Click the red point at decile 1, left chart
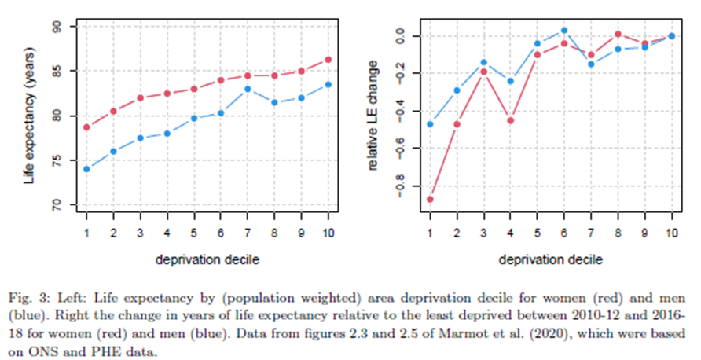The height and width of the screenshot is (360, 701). pyautogui.click(x=86, y=127)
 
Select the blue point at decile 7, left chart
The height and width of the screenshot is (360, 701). pyautogui.click(x=247, y=89)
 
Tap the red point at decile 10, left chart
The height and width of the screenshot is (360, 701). pyautogui.click(x=328, y=59)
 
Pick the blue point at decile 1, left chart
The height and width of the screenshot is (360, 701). pyautogui.click(x=86, y=169)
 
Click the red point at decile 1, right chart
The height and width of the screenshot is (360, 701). pyautogui.click(x=429, y=200)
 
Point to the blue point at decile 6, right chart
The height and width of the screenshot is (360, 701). pyautogui.click(x=564, y=31)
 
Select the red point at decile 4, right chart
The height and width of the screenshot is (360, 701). pyautogui.click(x=511, y=120)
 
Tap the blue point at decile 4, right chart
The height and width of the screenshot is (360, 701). pyautogui.click(x=511, y=81)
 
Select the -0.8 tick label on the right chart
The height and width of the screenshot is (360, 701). pyautogui.click(x=406, y=188)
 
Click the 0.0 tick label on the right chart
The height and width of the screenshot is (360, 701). pyautogui.click(x=406, y=36)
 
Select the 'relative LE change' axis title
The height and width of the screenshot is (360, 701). pyautogui.click(x=377, y=116)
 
